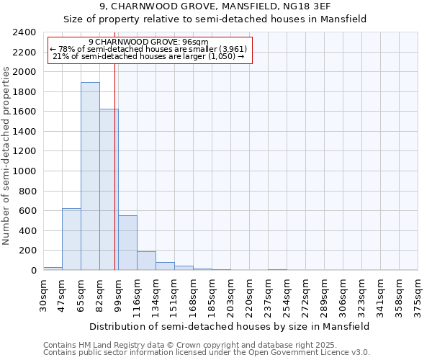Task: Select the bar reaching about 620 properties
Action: pyautogui.click(x=71, y=239)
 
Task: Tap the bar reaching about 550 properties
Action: pyautogui.click(x=127, y=243)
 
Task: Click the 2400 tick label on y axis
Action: pyautogui.click(x=24, y=32)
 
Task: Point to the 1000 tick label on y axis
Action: pyautogui.click(x=24, y=171)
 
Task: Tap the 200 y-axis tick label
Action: pyautogui.click(x=27, y=251)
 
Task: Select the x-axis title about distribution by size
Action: pyautogui.click(x=230, y=326)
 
